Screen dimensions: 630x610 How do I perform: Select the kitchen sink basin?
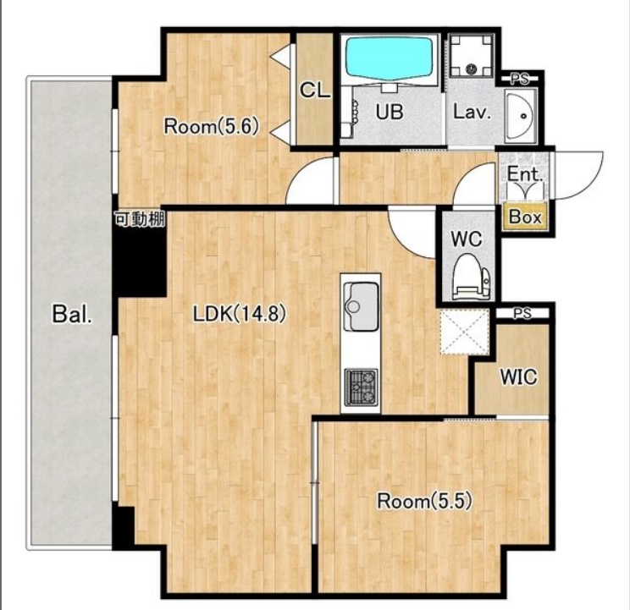pyautogui.click(x=362, y=306)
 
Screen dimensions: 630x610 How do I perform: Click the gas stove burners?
pyautogui.click(x=361, y=387)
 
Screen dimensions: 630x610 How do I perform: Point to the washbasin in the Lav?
pyautogui.click(x=521, y=116)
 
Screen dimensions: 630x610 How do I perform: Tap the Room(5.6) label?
pyautogui.click(x=211, y=127)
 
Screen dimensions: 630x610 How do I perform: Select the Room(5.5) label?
pyautogui.click(x=424, y=501)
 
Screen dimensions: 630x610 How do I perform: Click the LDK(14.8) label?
pyautogui.click(x=240, y=313)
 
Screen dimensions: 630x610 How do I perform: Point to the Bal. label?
pyautogui.click(x=72, y=314)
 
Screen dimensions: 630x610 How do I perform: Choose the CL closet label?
pyautogui.click(x=315, y=91)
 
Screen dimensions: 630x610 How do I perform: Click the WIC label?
pyautogui.click(x=518, y=377)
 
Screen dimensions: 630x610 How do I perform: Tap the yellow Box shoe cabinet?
pyautogui.click(x=525, y=217)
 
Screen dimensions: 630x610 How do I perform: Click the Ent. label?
pyautogui.click(x=525, y=174)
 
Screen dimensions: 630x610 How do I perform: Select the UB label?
pyautogui.click(x=390, y=112)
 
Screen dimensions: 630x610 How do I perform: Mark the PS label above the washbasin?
pyautogui.click(x=520, y=80)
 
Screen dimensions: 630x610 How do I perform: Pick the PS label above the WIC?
pyautogui.click(x=522, y=313)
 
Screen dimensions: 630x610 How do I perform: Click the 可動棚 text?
pyautogui.click(x=140, y=219)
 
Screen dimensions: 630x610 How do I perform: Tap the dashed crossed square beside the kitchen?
pyautogui.click(x=465, y=332)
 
